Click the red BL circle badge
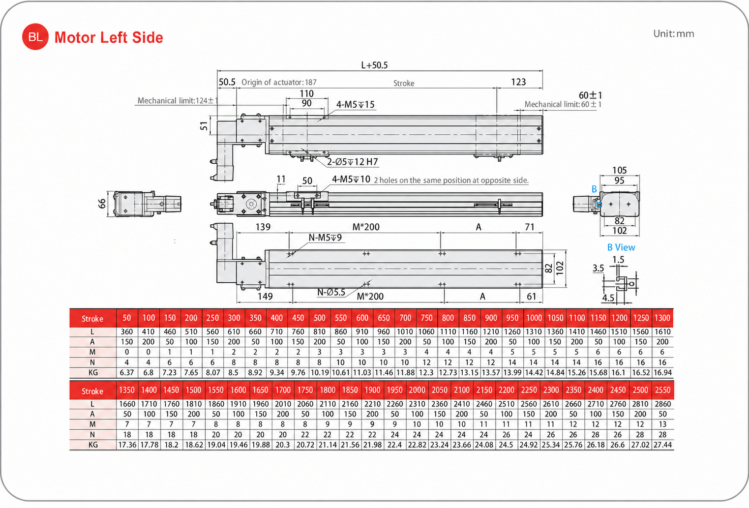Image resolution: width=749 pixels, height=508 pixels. click(x=35, y=37)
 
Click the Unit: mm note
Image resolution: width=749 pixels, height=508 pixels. click(x=673, y=34)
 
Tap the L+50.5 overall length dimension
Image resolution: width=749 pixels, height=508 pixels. click(x=374, y=65)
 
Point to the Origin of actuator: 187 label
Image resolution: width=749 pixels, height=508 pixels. click(x=279, y=82)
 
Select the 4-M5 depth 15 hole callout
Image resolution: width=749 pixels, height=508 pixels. click(x=355, y=104)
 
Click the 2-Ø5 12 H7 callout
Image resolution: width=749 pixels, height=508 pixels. click(x=352, y=162)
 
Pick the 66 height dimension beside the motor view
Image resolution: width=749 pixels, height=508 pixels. click(x=102, y=204)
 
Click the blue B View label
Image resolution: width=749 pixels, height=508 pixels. click(x=621, y=247)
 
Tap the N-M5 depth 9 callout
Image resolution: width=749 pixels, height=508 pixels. click(x=325, y=238)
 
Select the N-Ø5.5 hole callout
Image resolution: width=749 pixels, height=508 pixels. click(x=331, y=292)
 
